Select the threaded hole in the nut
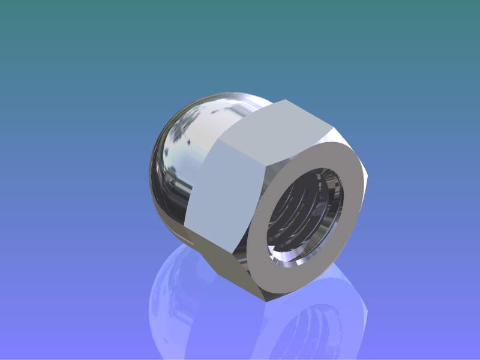(x=306, y=216)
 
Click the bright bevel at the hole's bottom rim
(x=288, y=261)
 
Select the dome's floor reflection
(x=180, y=300)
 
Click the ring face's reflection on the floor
(x=348, y=312)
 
